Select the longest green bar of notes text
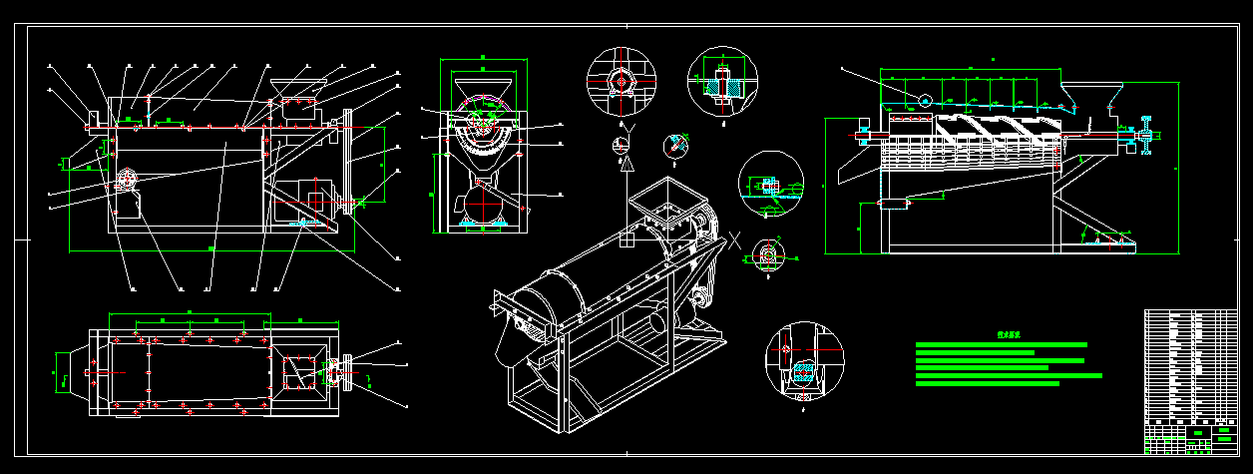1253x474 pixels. (x=1009, y=376)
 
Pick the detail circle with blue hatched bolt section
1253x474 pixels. (x=723, y=83)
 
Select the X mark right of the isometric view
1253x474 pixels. (x=735, y=239)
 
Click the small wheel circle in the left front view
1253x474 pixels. (x=127, y=180)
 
